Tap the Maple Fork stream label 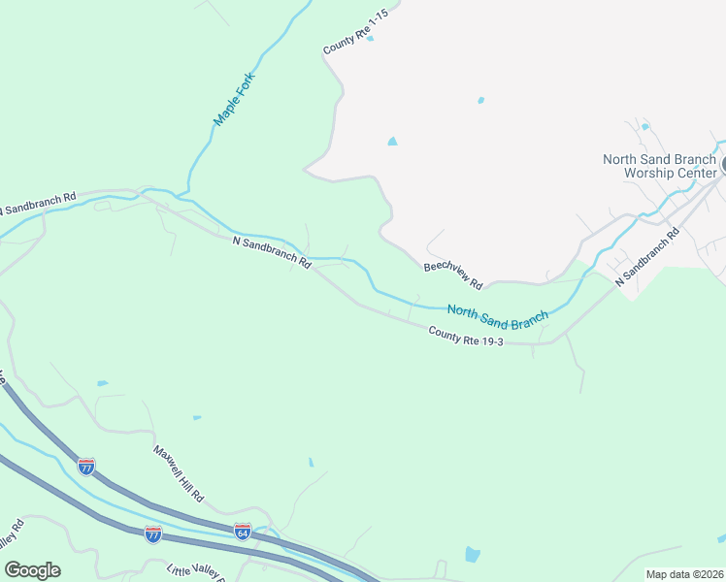pos(234,98)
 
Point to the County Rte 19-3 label pos(467,337)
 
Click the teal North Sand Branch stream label pos(498,313)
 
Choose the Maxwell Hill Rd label pos(178,473)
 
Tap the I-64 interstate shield pos(243,532)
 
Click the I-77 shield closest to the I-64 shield pos(152,533)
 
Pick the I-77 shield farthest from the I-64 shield pos(86,468)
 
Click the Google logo pos(32,570)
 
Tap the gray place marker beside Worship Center pos(722,166)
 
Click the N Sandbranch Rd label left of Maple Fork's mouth pos(37,204)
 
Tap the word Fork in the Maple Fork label pos(244,84)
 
